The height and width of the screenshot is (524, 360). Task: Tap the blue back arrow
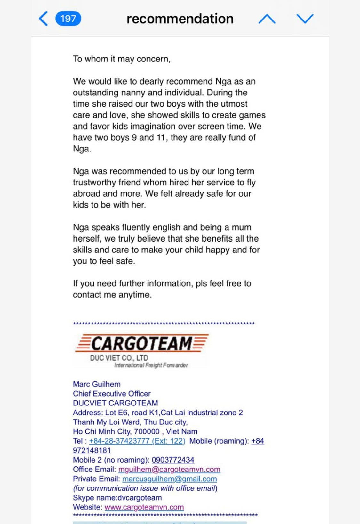coord(44,19)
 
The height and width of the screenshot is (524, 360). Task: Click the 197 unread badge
coord(68,19)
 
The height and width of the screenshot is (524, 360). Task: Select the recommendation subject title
coord(180,19)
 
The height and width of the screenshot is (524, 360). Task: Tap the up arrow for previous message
coord(267,19)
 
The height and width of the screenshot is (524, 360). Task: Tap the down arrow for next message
coord(305,19)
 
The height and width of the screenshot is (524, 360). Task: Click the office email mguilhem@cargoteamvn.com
coord(169,469)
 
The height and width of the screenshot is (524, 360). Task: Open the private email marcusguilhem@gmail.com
coord(169,479)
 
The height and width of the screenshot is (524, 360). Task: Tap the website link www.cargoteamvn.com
coord(144,507)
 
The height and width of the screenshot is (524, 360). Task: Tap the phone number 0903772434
coord(173,460)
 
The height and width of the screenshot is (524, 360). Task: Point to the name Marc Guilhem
coord(97,384)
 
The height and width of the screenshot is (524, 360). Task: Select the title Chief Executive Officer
coord(112,394)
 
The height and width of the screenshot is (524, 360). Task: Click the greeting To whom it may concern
coord(122,59)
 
